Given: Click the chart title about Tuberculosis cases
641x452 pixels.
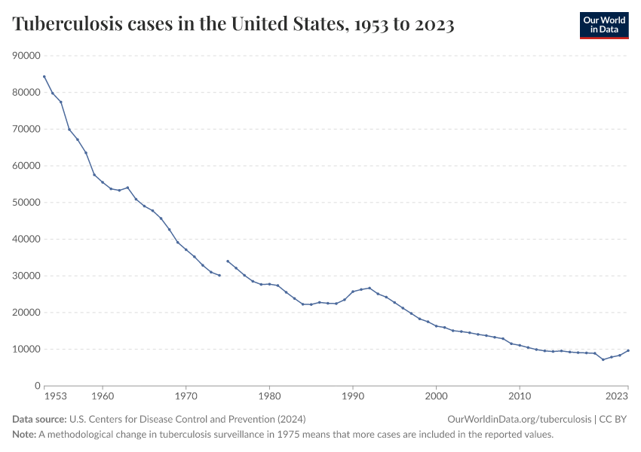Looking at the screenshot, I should pos(233,24).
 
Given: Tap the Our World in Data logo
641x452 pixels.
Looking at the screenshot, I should pos(603,25).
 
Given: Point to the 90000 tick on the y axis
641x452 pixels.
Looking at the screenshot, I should pos(26,56).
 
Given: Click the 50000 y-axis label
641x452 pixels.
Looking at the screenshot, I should pos(26,203).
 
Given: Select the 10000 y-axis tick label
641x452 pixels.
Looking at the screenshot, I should pos(26,350).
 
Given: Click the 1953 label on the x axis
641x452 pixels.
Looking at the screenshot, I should pos(55,395).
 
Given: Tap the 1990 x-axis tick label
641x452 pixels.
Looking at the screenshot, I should pos(352,395).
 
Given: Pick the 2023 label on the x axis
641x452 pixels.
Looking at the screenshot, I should pos(616,395).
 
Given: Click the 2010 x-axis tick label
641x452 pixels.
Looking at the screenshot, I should pos(519,395).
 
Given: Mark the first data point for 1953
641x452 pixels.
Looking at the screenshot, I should pos(44,76).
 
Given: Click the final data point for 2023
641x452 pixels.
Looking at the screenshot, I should pos(628,350).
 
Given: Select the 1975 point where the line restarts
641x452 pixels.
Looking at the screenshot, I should pos(228,261).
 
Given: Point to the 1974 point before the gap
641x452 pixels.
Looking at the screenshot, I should pos(219,275).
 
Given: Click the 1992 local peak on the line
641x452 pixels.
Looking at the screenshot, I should pos(370,288).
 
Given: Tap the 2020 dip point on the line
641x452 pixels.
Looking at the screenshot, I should pos(603,359).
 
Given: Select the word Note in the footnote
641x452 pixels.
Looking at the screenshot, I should pos(24,435).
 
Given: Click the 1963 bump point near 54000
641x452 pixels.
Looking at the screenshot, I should pos(127,188).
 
